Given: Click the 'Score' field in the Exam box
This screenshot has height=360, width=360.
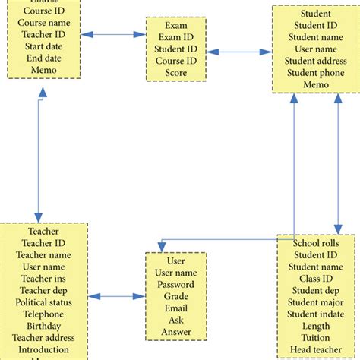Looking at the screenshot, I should pyautogui.click(x=175, y=73).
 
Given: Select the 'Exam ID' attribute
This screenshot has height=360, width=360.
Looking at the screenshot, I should pyautogui.click(x=175, y=37).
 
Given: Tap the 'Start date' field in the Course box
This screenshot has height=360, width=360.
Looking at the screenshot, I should pyautogui.click(x=43, y=46).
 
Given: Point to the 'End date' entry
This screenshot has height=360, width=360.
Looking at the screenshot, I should pyautogui.click(x=43, y=58).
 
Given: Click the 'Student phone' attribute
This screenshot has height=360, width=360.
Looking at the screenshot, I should pyautogui.click(x=315, y=73).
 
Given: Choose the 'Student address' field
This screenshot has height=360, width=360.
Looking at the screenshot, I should pyautogui.click(x=315, y=61).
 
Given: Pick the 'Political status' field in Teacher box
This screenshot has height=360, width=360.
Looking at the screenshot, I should pyautogui.click(x=43, y=302).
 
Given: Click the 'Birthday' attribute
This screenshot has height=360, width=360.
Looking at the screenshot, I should pyautogui.click(x=43, y=326).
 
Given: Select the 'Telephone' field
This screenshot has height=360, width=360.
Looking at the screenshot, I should pyautogui.click(x=43, y=314).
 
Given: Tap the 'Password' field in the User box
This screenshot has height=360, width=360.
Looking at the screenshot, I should pyautogui.click(x=175, y=285).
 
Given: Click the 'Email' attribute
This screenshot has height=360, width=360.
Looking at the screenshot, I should pyautogui.click(x=175, y=308).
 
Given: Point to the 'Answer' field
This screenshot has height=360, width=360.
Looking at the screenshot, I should pyautogui.click(x=175, y=332).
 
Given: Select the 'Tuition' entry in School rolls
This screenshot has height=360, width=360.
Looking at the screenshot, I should pyautogui.click(x=315, y=337).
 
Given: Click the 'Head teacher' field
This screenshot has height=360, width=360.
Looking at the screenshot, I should pyautogui.click(x=315, y=349).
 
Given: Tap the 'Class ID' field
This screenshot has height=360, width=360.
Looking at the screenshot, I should pyautogui.click(x=315, y=279).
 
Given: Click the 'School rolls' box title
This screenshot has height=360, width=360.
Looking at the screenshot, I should pyautogui.click(x=315, y=243).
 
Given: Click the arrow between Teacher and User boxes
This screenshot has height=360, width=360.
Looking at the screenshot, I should pyautogui.click(x=115, y=296).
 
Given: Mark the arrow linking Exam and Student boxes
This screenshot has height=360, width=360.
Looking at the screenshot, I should pyautogui.click(x=239, y=52).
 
